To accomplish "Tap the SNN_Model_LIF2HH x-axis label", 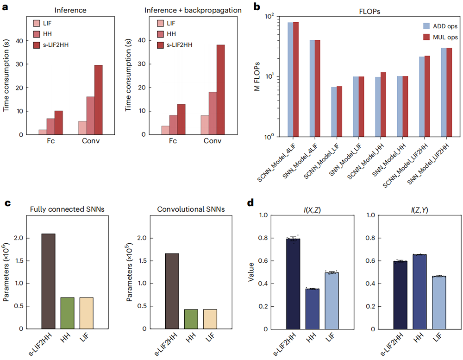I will (x=426, y=160).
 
